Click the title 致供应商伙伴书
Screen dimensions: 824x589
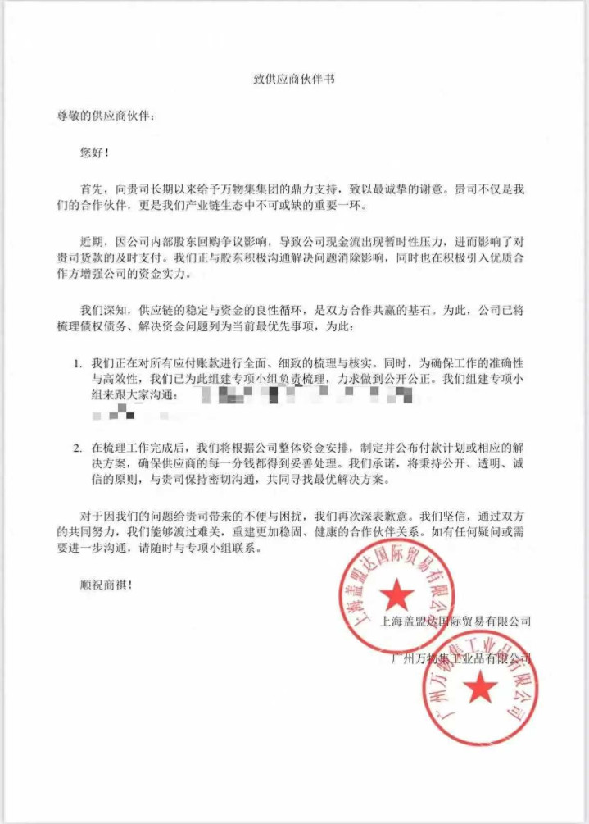(x=293, y=80)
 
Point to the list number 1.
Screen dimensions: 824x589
(x=77, y=362)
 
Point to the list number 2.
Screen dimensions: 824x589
(x=77, y=448)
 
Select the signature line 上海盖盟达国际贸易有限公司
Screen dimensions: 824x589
(x=456, y=621)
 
